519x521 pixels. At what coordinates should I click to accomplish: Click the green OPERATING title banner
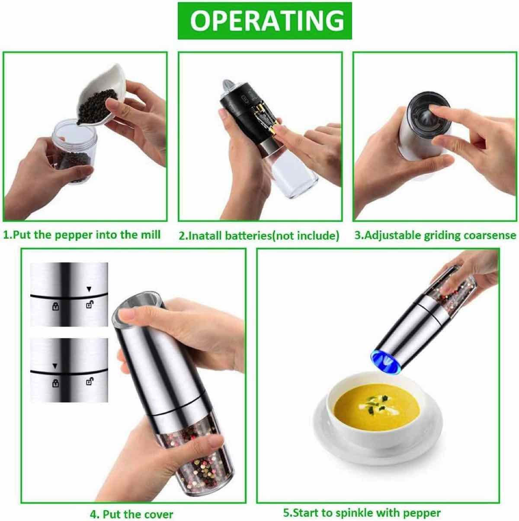pos(265,21)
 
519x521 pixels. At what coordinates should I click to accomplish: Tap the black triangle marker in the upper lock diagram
pos(89,289)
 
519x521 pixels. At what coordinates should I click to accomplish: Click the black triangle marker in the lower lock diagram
pos(55,366)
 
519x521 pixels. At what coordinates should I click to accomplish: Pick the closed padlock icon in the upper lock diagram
pos(56,306)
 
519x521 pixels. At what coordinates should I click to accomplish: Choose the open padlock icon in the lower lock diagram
pos(90,382)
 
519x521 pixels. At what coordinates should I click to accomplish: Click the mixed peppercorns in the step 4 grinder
pos(195,452)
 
